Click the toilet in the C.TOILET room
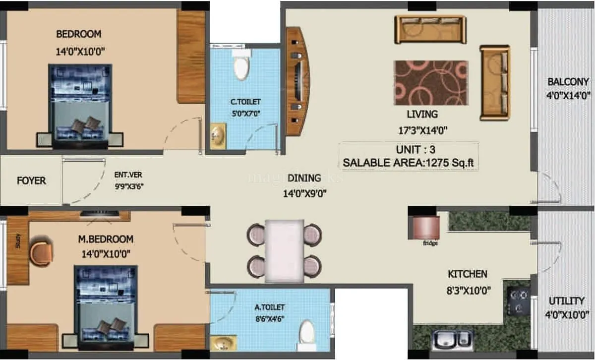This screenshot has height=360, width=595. (x=241, y=66)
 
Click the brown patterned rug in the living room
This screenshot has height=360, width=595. (x=430, y=83)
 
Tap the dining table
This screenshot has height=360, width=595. (x=284, y=250)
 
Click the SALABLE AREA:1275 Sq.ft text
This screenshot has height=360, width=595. (x=409, y=162)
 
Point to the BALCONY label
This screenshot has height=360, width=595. (x=568, y=82)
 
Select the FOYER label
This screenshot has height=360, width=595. (x=31, y=180)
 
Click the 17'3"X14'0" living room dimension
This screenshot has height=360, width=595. (x=422, y=131)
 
